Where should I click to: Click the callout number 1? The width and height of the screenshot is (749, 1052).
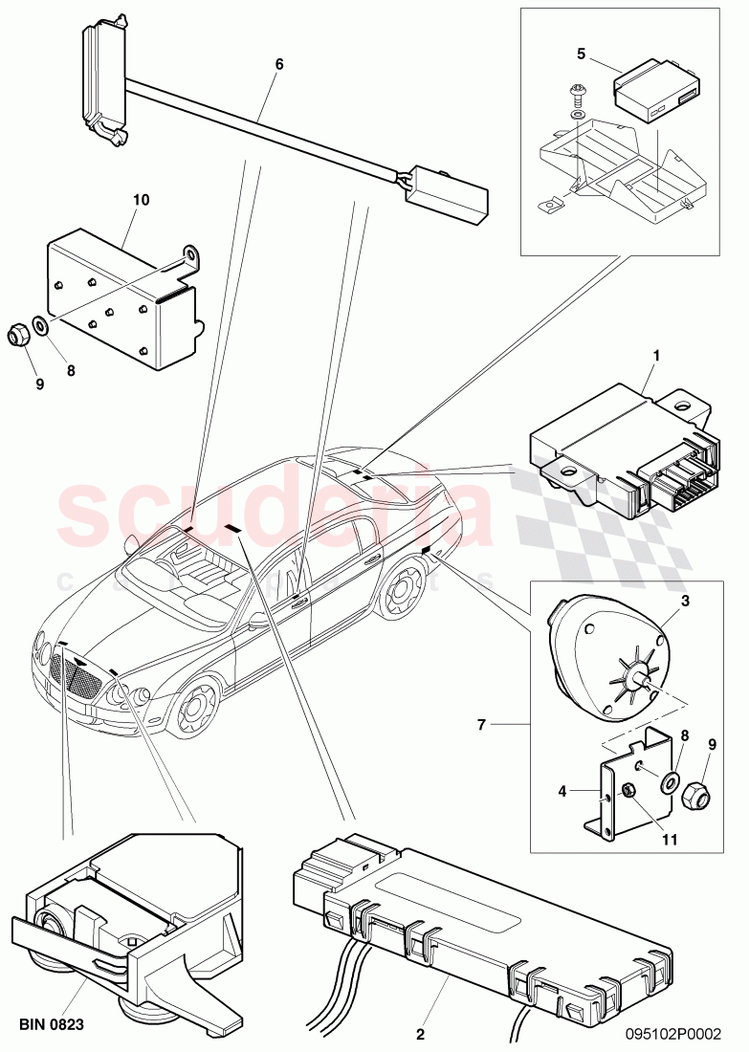[656, 356]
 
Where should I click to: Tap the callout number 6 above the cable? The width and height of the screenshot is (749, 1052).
[278, 64]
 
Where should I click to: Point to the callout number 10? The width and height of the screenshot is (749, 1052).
[142, 200]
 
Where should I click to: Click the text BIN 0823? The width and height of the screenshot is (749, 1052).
[52, 1025]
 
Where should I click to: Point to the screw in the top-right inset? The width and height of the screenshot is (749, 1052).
[578, 95]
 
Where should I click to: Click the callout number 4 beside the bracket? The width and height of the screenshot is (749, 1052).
[562, 791]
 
